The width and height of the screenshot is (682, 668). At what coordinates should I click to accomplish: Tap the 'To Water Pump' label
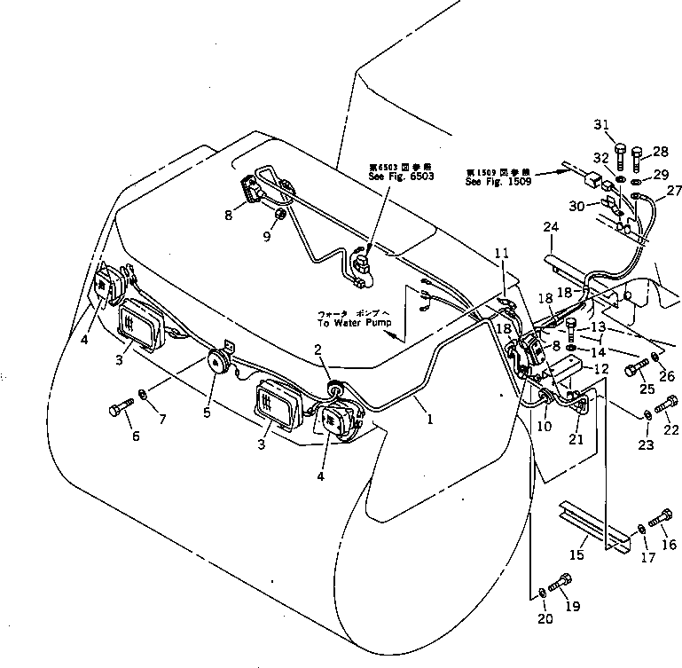click(354, 323)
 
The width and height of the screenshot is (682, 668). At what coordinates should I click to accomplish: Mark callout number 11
click(502, 254)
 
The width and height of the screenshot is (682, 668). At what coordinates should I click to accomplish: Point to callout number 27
click(675, 190)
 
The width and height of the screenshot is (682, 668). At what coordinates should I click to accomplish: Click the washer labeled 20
click(542, 592)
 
